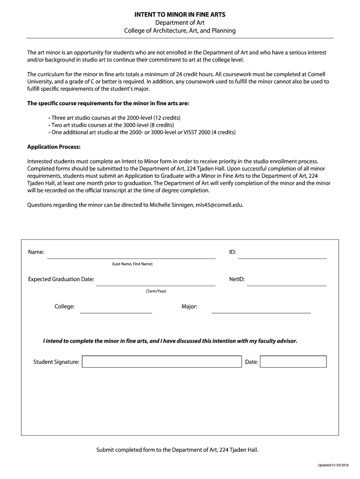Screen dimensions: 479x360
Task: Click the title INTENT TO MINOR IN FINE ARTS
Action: point(180,15)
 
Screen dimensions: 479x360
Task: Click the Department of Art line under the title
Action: point(180,22)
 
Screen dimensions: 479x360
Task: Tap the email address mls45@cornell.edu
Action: point(219,204)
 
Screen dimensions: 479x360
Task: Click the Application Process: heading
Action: point(54,146)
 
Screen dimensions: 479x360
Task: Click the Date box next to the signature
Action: point(293,362)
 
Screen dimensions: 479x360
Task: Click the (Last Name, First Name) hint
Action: point(132,264)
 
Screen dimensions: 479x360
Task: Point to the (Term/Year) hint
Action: point(156,291)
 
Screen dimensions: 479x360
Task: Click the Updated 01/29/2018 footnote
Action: point(333,465)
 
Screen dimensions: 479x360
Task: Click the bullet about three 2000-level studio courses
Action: point(115,117)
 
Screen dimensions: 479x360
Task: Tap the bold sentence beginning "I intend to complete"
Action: point(170,341)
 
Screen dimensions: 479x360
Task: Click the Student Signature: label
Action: point(56,362)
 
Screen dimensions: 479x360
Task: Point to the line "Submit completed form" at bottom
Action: point(177,450)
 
